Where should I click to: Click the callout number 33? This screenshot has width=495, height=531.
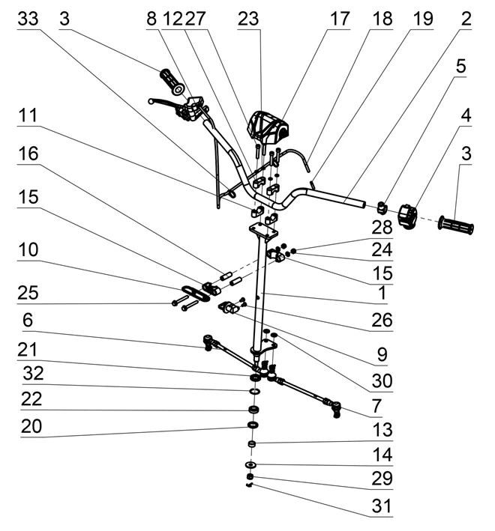28,19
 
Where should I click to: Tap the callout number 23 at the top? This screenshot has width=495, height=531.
248,19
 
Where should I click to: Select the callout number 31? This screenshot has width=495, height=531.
382,506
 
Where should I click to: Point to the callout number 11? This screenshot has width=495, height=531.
28,115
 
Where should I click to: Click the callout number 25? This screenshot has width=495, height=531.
28,293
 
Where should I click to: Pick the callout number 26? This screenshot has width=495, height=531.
382,320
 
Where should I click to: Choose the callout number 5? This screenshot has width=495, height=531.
460,66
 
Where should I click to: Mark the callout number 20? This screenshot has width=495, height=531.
31,426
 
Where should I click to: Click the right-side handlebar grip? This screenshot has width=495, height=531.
456,225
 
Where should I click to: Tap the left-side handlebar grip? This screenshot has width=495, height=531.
172,82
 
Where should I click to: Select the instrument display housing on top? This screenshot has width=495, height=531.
268,127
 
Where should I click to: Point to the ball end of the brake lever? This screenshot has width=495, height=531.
151,101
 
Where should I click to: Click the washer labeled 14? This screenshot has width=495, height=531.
251,464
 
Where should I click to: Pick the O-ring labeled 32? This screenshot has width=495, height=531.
255,392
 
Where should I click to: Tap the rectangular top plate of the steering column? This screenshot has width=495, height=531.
264,231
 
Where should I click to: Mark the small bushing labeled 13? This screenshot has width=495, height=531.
251,443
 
